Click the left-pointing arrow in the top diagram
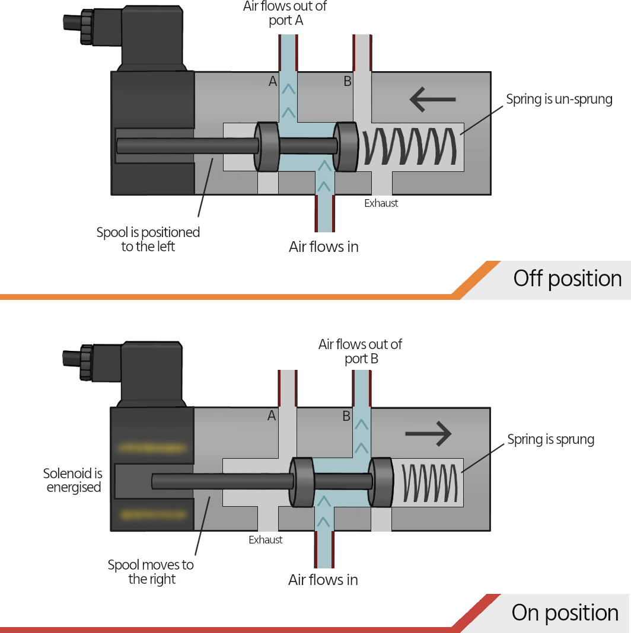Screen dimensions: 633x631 coord(432,99)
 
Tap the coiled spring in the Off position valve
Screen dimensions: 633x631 coord(410,147)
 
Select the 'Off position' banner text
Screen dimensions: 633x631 coord(567,279)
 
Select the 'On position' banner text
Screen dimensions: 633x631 coord(565,613)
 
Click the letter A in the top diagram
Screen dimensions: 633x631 coord(273,82)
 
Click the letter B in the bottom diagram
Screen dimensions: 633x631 coord(346,416)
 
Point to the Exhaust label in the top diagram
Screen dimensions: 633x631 coord(381,203)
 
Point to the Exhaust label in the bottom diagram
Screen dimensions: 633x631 coord(266,540)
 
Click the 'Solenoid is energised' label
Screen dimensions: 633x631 coord(73,481)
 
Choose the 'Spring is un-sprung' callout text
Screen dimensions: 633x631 coord(559,99)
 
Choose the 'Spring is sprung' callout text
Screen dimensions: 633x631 coord(550,439)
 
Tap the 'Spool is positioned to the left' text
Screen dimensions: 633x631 coord(148,239)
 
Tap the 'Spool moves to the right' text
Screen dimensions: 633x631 coord(151,572)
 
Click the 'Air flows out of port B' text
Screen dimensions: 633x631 coord(360,351)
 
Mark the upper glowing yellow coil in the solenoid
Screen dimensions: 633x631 coord(153,447)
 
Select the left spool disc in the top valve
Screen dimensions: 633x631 coord(267,146)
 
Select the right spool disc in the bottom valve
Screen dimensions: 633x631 coord(380,481)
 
